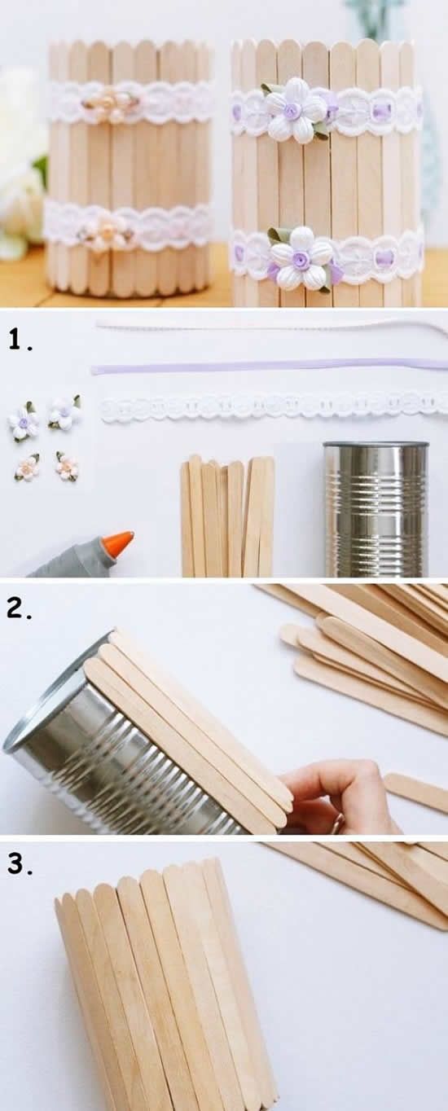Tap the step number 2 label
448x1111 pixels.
(x=20, y=609)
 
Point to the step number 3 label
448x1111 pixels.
(x=20, y=864)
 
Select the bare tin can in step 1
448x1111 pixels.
(x=376, y=509)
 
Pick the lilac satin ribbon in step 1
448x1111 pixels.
(x=269, y=366)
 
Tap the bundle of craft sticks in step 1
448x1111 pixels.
(x=228, y=517)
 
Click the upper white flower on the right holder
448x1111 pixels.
(x=292, y=111)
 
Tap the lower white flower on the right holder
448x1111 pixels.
(x=301, y=259)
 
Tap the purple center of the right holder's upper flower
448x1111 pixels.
(x=292, y=111)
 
